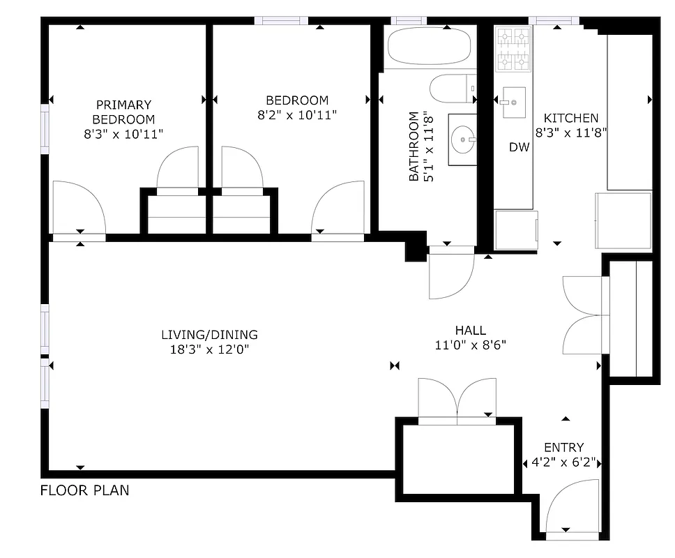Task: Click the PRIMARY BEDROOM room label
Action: click(x=123, y=112)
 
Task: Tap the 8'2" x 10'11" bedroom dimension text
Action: click(x=297, y=115)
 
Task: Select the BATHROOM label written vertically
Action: click(x=414, y=146)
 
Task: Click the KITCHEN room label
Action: click(x=570, y=118)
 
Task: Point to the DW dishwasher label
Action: click(x=519, y=147)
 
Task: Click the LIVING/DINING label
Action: click(x=209, y=334)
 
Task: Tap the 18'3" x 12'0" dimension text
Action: click(x=209, y=349)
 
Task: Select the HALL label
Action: click(x=470, y=331)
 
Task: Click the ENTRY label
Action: click(x=564, y=447)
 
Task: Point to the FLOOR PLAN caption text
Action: click(x=84, y=490)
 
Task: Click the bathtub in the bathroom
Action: click(x=430, y=48)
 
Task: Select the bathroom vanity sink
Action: click(x=462, y=140)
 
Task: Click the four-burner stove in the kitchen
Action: click(x=513, y=49)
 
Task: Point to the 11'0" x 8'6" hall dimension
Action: click(x=470, y=345)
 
